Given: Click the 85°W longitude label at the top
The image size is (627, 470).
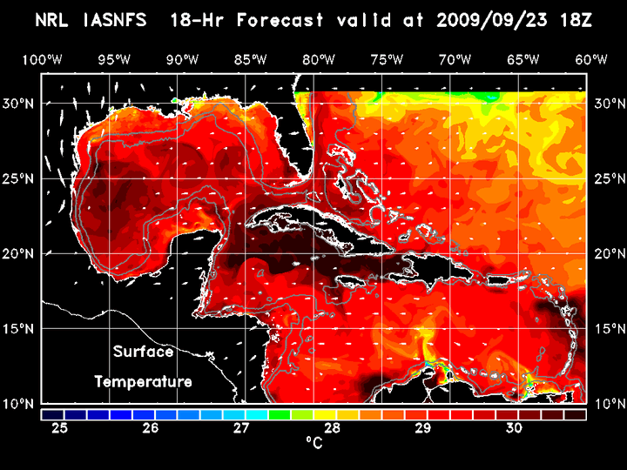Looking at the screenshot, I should point(249,59).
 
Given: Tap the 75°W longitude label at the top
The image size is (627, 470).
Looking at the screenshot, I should point(387,59).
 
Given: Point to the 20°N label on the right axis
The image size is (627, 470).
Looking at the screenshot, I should point(607,253).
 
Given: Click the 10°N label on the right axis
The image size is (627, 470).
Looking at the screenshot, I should point(607,404).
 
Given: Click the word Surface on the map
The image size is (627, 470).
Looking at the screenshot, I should point(143,352).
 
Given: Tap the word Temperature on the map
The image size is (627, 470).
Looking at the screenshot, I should point(143,381).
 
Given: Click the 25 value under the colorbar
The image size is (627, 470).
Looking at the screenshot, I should point(59,428).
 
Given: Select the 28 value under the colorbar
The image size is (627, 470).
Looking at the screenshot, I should point(332,428).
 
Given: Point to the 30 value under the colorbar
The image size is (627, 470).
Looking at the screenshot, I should point(514,428).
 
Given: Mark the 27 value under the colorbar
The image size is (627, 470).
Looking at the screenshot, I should point(241,428).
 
